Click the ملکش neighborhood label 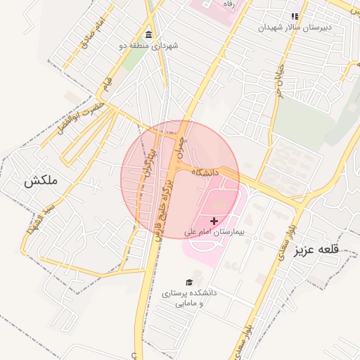click(39, 181)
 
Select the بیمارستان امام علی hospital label click(214, 231)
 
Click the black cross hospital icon click(214, 221)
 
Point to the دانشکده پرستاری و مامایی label click(189, 297)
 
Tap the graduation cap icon click(188, 282)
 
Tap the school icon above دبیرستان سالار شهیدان click(295, 15)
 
